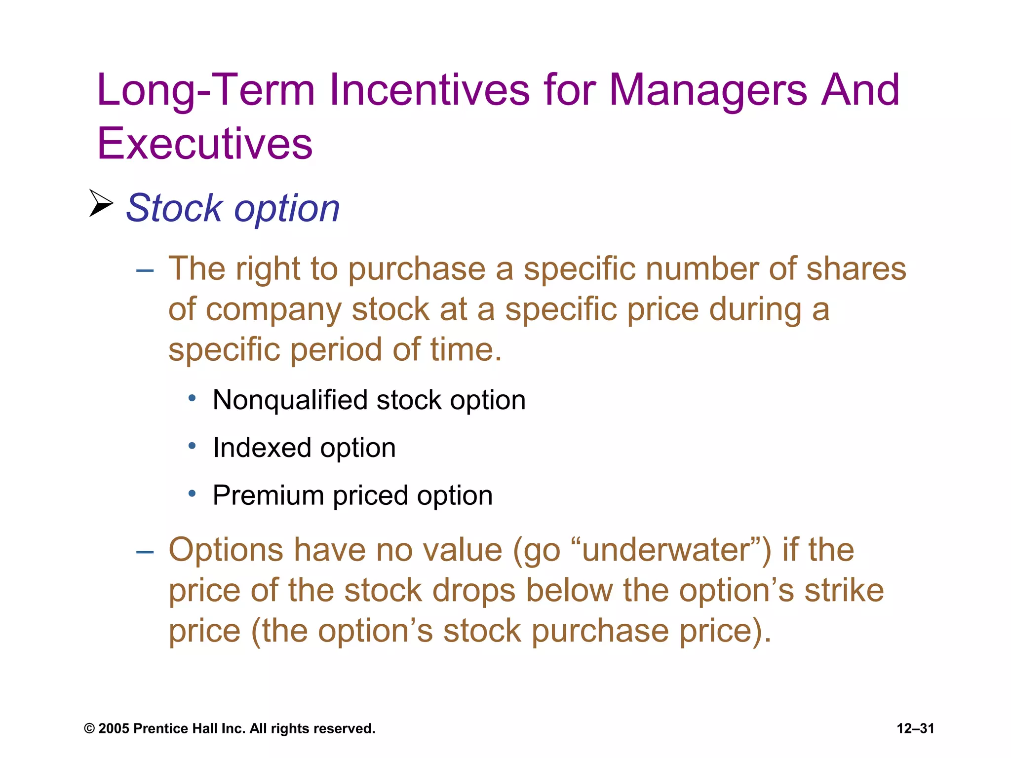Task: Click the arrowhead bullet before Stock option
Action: click(101, 203)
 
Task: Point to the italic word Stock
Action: click(174, 208)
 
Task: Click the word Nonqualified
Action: click(290, 400)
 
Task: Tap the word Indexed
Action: click(262, 448)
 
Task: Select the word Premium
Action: click(268, 495)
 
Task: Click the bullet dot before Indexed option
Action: click(193, 446)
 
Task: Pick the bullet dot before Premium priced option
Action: click(193, 493)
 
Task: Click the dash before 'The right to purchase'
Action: click(145, 270)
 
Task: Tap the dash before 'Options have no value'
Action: click(145, 552)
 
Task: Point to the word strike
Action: click(844, 590)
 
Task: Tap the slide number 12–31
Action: click(915, 728)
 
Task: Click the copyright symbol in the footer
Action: click(89, 729)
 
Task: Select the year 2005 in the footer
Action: click(114, 728)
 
